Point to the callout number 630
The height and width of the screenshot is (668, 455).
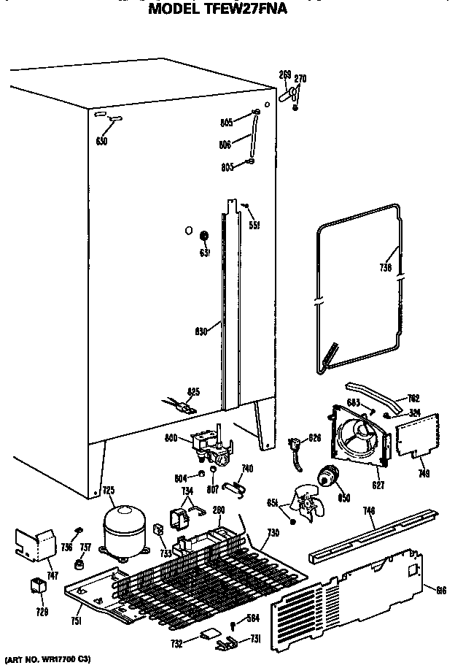click(201, 331)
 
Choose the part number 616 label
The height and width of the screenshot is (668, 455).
click(440, 590)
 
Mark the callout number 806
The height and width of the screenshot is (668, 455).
click(225, 145)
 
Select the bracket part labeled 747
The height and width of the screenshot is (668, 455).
click(35, 542)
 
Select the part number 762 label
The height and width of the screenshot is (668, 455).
click(413, 397)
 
